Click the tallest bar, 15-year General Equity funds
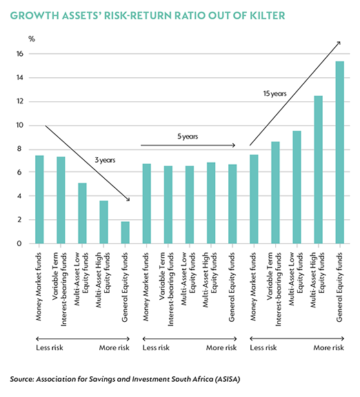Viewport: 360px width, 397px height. (339, 152)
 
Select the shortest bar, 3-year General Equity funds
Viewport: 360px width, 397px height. (125, 233)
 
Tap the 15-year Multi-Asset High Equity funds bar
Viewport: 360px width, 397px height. (318, 170)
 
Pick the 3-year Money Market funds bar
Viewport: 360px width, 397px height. (39, 199)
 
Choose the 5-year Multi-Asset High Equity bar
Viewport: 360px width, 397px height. (211, 203)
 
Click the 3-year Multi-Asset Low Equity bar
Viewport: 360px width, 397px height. (82, 213)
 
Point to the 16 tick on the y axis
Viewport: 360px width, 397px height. (20, 54)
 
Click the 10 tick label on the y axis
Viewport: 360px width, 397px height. (20, 125)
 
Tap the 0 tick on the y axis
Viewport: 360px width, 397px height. (19, 243)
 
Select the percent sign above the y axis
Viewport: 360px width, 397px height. (32, 39)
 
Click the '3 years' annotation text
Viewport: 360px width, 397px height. (105, 161)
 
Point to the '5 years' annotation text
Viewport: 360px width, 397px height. (188, 136)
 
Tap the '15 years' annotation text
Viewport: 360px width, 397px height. (275, 94)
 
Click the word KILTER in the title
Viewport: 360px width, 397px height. (268, 15)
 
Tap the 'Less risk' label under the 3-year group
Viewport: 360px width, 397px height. (50, 347)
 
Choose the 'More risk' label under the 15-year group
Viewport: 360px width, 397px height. (328, 347)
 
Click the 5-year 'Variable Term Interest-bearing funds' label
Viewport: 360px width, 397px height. (167, 289)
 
